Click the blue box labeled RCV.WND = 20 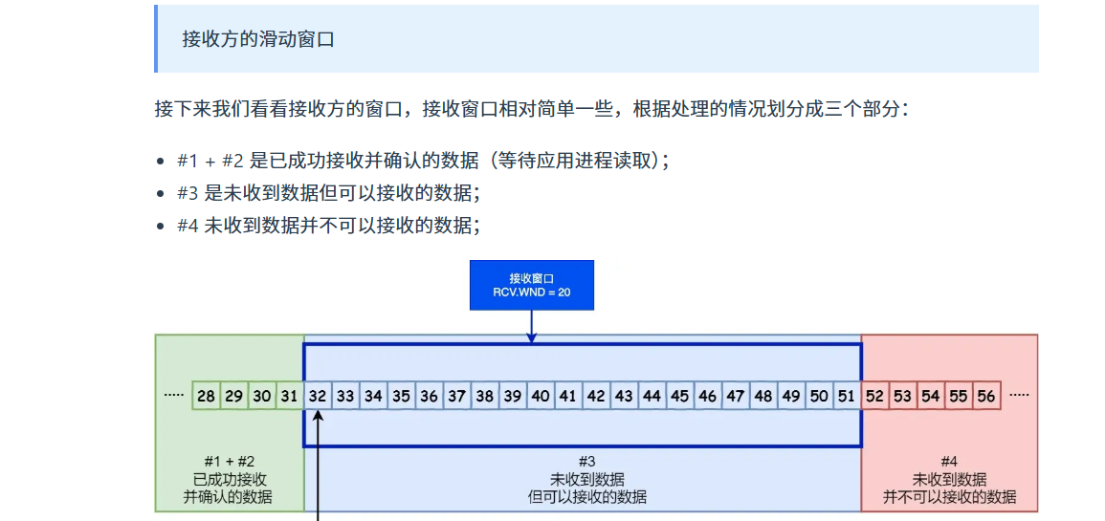click(531, 285)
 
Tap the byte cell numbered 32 click(318, 396)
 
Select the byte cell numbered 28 click(206, 396)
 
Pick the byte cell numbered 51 click(847, 396)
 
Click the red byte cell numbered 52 click(874, 396)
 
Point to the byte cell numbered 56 click(986, 396)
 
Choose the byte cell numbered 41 click(568, 396)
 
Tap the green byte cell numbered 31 click(289, 396)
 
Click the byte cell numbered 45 click(679, 396)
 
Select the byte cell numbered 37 click(456, 396)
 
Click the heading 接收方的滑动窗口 click(257, 39)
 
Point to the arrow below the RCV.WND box click(532, 325)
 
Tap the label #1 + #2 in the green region click(230, 461)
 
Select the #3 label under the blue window click(586, 461)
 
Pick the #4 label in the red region click(949, 461)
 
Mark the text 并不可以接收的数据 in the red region click(949, 497)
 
